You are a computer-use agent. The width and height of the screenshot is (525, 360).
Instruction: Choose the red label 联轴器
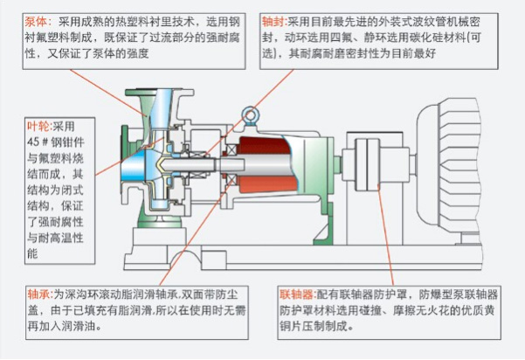(295, 294)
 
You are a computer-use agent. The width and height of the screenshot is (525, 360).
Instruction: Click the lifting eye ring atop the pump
(250, 114)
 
